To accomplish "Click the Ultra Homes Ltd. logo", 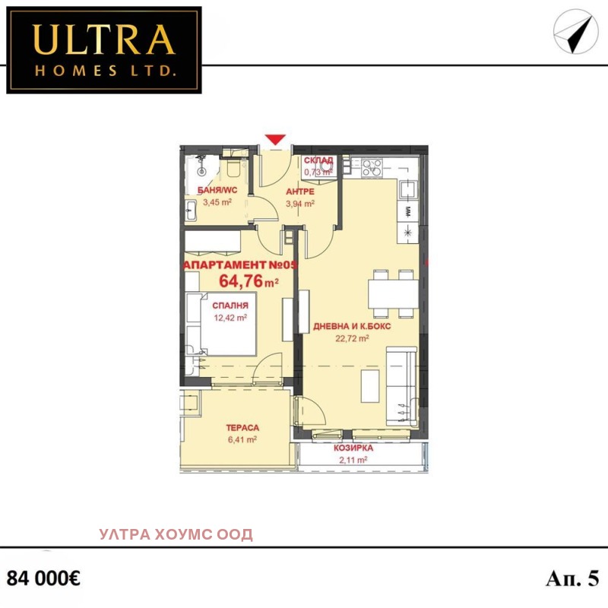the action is click(x=104, y=50).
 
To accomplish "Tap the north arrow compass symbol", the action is click(x=576, y=32).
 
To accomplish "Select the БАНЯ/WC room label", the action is click(x=217, y=191).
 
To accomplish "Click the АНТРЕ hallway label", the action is click(x=300, y=192).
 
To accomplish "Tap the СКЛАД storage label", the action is click(x=318, y=160).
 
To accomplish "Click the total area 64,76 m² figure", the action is click(x=249, y=281).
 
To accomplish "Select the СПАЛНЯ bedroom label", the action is click(x=230, y=306).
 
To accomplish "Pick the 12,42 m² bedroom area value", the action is click(x=230, y=318).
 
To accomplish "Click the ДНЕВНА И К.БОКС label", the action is click(x=352, y=327).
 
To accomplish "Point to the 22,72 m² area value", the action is click(x=352, y=338).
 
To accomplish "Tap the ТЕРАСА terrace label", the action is click(x=242, y=428).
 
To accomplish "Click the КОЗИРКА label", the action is click(x=353, y=448).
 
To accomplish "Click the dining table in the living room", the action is click(x=393, y=293).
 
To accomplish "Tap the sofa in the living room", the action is click(x=402, y=386).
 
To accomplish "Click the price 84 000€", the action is click(x=43, y=578).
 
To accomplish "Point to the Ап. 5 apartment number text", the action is click(x=573, y=578).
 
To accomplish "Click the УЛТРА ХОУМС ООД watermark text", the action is click(x=176, y=534).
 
